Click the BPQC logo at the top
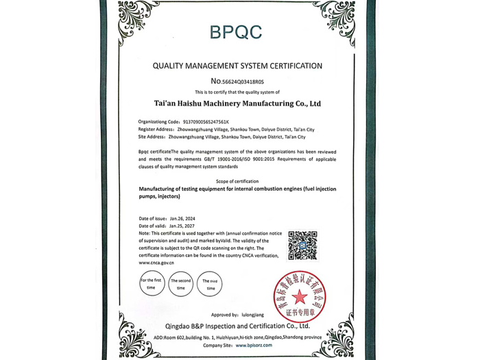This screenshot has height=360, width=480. pos(236,31)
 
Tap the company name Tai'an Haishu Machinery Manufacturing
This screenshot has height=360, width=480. pos(238,104)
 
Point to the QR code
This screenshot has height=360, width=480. pos(302,245)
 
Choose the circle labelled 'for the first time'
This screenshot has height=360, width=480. pos(151,284)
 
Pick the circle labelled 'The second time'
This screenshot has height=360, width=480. pos(181,284)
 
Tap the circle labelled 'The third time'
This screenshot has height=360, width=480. pos(210,284)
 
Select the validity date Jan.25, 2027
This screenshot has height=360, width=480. pos(182,226)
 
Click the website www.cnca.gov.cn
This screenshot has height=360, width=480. pos(156,263)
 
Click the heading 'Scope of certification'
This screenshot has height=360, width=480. pos(237,181)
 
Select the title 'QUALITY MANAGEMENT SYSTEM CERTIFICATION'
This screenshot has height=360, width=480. pos(237,67)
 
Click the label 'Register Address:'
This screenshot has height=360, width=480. pos(156,130)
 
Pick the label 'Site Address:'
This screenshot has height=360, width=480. pos(152,137)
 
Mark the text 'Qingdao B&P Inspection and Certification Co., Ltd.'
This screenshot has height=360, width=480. pos(237,326)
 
